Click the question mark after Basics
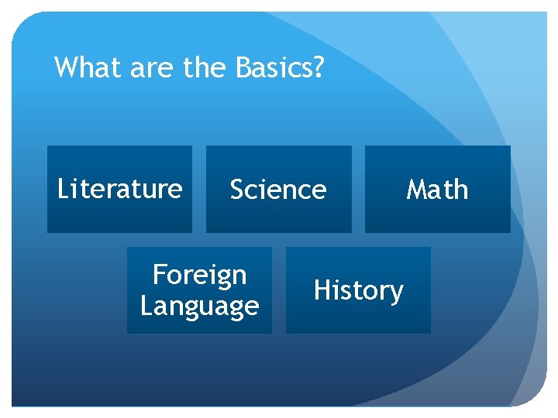click(318, 68)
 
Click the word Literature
click(120, 188)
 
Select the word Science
click(278, 189)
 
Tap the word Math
click(437, 189)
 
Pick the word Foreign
click(199, 274)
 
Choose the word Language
click(199, 307)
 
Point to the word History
click(358, 290)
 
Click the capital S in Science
click(237, 189)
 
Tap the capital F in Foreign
click(160, 274)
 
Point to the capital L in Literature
click(63, 188)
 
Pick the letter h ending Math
click(461, 189)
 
